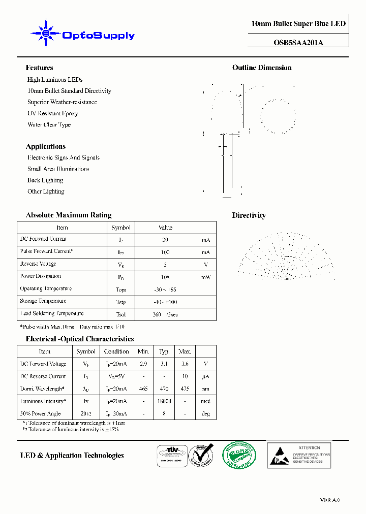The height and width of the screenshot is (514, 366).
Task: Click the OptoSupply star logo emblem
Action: (46, 34)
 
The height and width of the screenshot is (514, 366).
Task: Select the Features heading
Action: (39, 68)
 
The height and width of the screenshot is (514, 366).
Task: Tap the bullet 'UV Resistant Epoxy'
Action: (52, 113)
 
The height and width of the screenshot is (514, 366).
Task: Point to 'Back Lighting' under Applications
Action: (45, 180)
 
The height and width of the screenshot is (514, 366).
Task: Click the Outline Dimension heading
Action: (262, 68)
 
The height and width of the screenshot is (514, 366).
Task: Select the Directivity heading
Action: (249, 215)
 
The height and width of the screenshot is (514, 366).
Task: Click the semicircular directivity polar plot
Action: (286, 256)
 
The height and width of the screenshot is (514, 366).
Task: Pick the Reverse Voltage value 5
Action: (165, 265)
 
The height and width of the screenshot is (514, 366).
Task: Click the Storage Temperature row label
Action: (43, 301)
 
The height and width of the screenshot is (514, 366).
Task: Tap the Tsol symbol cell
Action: (121, 314)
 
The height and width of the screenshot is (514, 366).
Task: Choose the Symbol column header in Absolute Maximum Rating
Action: (121, 228)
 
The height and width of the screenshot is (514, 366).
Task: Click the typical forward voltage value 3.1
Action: (164, 364)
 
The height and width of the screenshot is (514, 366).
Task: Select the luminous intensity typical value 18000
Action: (164, 401)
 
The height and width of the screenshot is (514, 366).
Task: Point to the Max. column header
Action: (185, 351)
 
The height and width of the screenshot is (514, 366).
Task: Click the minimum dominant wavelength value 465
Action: (143, 389)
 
